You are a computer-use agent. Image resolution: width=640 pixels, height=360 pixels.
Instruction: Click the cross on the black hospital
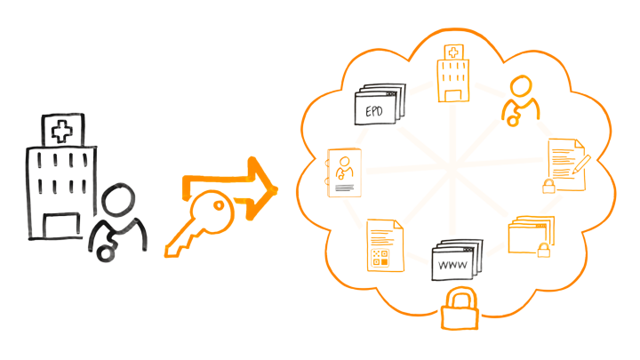(61, 133)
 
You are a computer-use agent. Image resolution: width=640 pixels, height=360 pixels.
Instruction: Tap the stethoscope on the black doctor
(105, 249)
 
